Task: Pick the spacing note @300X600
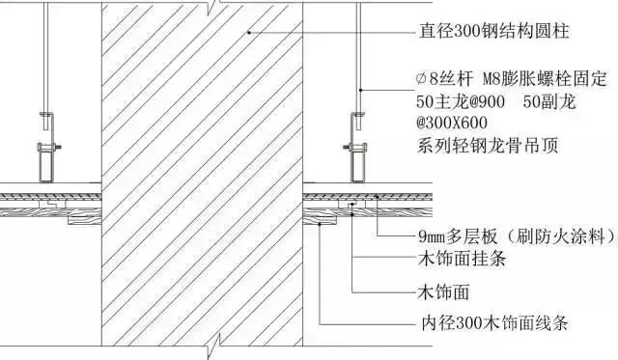[x=452, y=125]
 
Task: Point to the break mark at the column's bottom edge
[x=222, y=340]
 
